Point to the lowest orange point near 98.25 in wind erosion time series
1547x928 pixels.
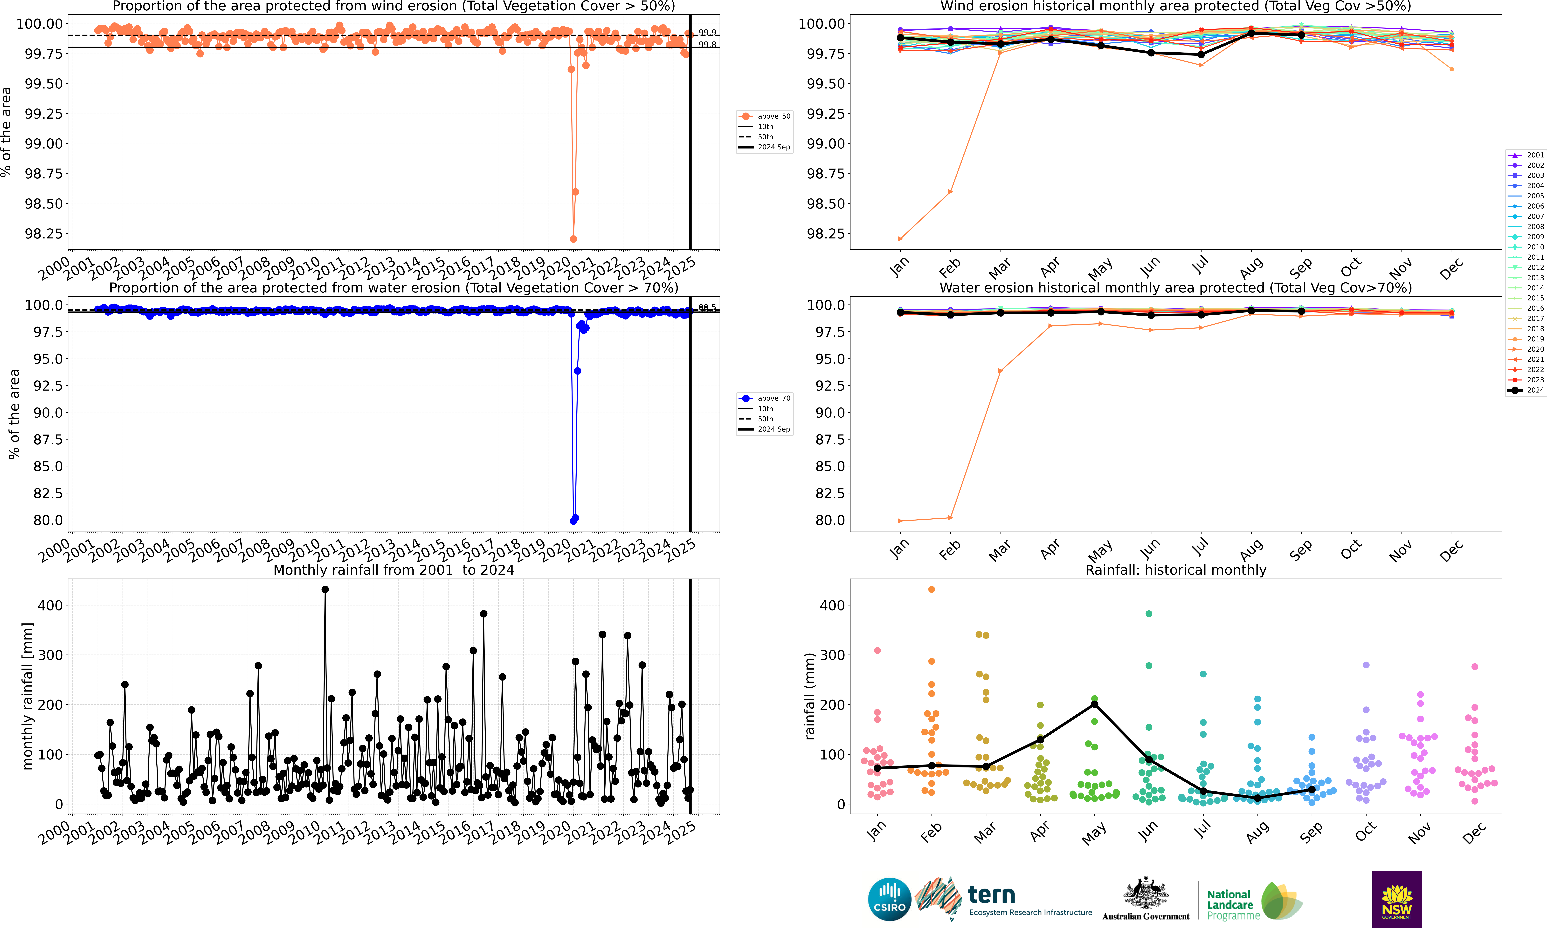click(573, 239)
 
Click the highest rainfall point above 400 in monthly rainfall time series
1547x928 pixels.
click(325, 589)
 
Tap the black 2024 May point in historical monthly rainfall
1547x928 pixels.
click(1094, 704)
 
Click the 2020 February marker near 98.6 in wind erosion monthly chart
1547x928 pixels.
click(950, 191)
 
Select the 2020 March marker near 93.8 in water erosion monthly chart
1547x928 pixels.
click(1000, 371)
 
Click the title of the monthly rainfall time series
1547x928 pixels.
click(394, 570)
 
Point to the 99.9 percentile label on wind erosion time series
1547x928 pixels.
click(707, 33)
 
